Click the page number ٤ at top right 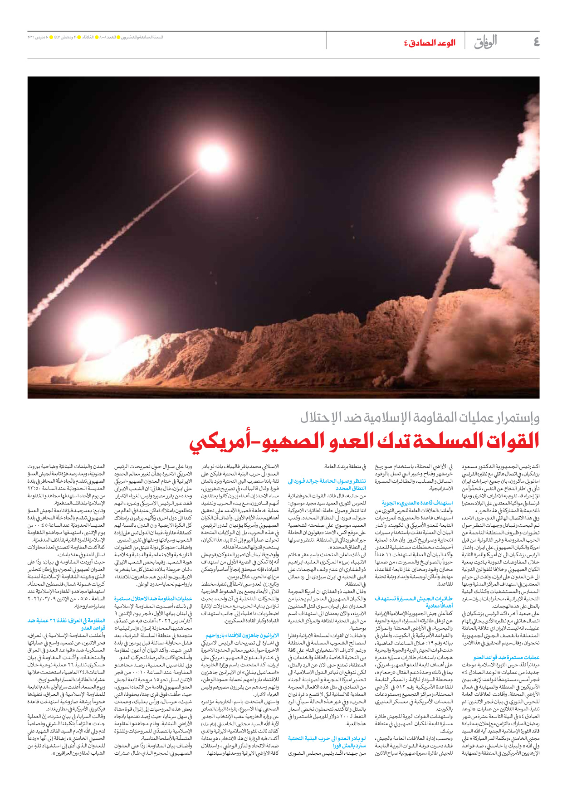pos(536,42)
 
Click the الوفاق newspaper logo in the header pos(485,42)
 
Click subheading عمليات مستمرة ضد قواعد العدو pos(506,657)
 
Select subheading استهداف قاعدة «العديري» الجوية pos(417,503)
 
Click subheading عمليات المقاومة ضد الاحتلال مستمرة pos(153,599)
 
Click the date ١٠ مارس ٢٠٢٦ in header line pos(38,37)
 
